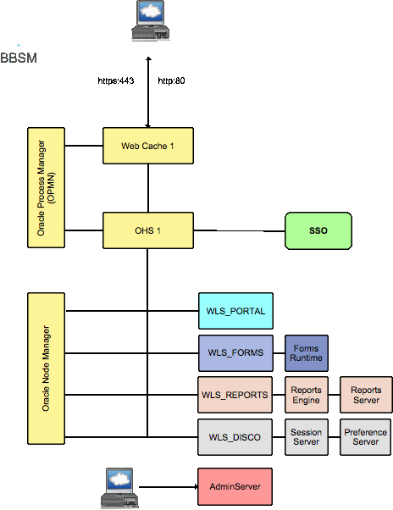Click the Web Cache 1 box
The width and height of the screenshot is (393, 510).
point(147,146)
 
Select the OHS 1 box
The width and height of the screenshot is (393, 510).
point(147,230)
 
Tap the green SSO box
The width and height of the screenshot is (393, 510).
point(318,230)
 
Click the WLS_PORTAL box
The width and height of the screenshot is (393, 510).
point(235,311)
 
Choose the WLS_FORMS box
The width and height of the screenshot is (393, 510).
point(235,352)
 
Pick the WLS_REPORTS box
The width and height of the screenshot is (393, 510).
point(235,395)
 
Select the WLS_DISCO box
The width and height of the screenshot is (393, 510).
point(235,437)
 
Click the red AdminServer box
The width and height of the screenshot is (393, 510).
point(235,486)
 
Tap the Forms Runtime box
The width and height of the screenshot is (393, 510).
point(306,352)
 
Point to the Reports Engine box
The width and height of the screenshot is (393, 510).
point(306,395)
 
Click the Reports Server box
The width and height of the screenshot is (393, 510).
point(366,395)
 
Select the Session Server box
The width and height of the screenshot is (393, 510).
point(306,437)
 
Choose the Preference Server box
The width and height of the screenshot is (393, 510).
point(366,437)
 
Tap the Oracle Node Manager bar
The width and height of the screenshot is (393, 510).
point(46,368)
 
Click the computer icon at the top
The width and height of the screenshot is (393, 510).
point(151,20)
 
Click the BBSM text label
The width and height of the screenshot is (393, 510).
point(19,58)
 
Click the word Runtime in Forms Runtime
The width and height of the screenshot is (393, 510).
point(306,358)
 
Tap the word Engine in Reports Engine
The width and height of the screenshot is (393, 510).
point(306,400)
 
